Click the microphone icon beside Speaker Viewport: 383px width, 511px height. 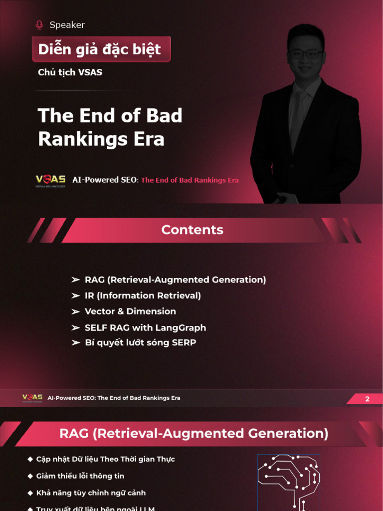[39, 25]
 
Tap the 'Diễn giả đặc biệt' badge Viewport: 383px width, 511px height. [100, 49]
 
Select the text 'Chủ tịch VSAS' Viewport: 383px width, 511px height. [70, 72]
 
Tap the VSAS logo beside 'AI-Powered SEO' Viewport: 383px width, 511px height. [50, 180]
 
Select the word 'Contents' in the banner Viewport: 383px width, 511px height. [192, 230]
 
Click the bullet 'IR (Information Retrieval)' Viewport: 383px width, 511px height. [143, 295]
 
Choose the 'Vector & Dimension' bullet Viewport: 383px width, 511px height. [130, 311]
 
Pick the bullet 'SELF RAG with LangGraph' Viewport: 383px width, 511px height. [145, 328]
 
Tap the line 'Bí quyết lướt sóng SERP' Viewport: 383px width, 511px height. [140, 343]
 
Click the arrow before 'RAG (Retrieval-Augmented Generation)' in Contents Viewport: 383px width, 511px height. [76, 280]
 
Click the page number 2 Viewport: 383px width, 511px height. [368, 399]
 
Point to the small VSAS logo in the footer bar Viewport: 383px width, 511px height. [32, 398]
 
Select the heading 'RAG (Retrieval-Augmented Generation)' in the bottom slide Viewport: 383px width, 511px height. [193, 433]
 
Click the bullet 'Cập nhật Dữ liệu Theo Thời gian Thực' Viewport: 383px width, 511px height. [105, 459]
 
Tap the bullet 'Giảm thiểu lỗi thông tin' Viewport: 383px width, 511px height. [80, 476]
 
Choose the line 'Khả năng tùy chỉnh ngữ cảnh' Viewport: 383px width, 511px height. [91, 493]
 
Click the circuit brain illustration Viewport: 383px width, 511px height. [288, 482]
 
